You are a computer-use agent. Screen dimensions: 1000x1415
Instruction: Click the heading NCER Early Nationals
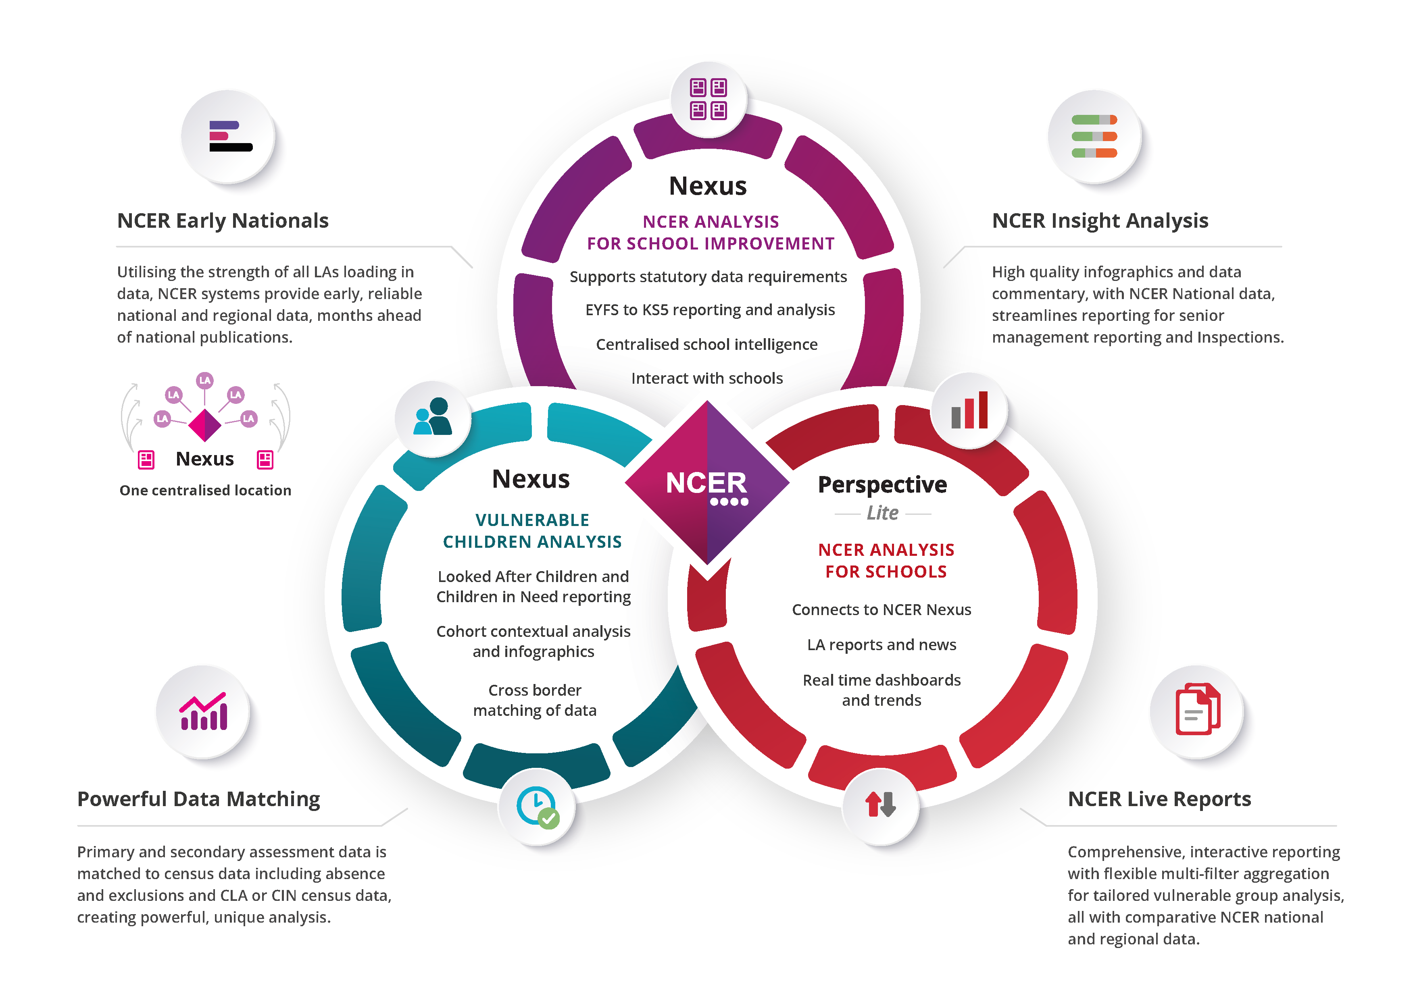click(x=223, y=220)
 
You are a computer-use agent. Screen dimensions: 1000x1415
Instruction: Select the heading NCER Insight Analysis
click(x=1100, y=220)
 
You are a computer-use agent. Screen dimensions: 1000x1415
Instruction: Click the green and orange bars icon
click(x=1094, y=136)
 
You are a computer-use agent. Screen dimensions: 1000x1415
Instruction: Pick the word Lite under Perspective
click(x=883, y=513)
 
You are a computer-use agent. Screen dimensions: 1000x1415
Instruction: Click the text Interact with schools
click(x=707, y=378)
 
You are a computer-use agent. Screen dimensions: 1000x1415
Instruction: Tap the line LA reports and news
click(x=881, y=644)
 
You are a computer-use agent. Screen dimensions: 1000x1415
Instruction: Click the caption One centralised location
click(x=205, y=491)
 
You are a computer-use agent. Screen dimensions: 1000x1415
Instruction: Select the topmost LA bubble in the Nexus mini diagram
click(x=204, y=380)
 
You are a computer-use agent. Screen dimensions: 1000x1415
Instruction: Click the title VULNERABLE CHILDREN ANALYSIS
click(x=532, y=530)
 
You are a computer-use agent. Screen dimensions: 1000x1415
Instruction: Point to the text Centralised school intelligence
click(x=707, y=345)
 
